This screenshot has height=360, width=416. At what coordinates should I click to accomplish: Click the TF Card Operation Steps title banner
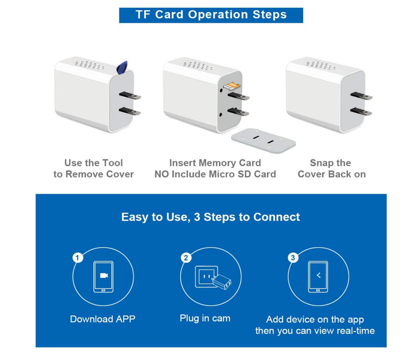pyautogui.click(x=211, y=15)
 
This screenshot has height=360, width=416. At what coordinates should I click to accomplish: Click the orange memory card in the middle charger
pyautogui.click(x=229, y=88)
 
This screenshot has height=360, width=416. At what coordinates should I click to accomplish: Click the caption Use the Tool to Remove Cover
pyautogui.click(x=94, y=169)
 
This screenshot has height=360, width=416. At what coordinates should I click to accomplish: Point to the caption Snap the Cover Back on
pyautogui.click(x=331, y=169)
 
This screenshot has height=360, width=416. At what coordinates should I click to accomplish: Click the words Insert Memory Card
pyautogui.click(x=215, y=163)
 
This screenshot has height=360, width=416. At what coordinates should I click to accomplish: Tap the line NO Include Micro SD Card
pyautogui.click(x=215, y=175)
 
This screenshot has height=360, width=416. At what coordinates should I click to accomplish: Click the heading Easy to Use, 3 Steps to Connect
pyautogui.click(x=211, y=217)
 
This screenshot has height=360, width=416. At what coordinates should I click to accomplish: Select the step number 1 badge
pyautogui.click(x=77, y=258)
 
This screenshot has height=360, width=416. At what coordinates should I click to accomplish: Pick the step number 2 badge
pyautogui.click(x=186, y=258)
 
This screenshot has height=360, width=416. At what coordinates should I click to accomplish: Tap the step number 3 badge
pyautogui.click(x=293, y=258)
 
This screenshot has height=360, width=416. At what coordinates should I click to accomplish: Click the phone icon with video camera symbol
pyautogui.click(x=103, y=277)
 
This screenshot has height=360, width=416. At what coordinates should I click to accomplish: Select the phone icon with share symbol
pyautogui.click(x=318, y=277)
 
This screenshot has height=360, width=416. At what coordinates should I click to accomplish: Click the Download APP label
pyautogui.click(x=103, y=319)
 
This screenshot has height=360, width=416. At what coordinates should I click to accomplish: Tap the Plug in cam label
pyautogui.click(x=205, y=319)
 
